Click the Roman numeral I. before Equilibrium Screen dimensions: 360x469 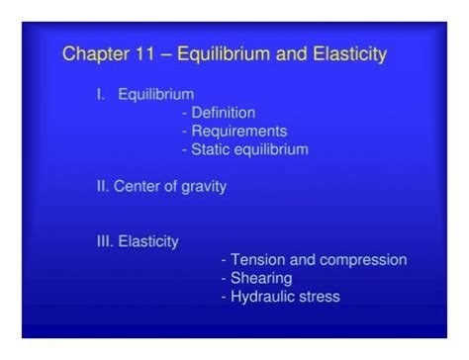[100, 95]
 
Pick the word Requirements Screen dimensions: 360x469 [239, 131]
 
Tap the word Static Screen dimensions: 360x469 [212, 149]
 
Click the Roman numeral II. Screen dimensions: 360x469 [102, 186]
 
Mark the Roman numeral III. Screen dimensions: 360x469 [105, 241]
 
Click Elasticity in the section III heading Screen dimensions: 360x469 [149, 241]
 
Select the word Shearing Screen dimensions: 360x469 [261, 278]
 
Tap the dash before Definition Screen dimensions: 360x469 [185, 113]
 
